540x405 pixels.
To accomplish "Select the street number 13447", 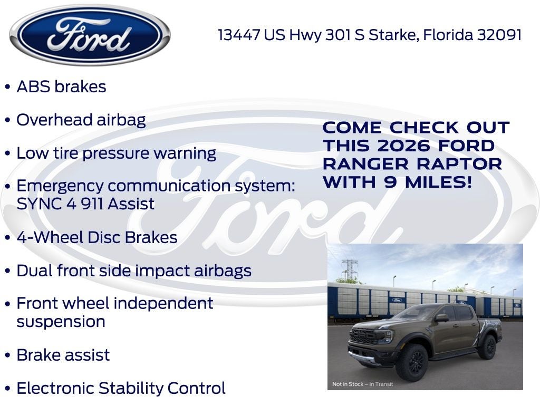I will point(239,35).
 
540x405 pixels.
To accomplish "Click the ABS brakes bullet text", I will point(61,86).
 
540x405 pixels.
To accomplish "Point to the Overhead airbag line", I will point(81,120).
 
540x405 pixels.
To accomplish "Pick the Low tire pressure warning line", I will point(116,153).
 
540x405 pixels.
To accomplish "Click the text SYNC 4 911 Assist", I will point(85,204).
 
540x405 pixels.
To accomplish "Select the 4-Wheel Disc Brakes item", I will point(97,237).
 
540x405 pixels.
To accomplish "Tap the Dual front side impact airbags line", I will point(134,271).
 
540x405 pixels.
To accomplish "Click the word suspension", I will point(61,322).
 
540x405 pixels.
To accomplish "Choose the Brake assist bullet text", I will point(63,355).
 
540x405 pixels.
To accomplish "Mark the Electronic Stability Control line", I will point(121,389).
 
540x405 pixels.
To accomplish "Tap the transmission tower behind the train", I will point(349,270).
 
